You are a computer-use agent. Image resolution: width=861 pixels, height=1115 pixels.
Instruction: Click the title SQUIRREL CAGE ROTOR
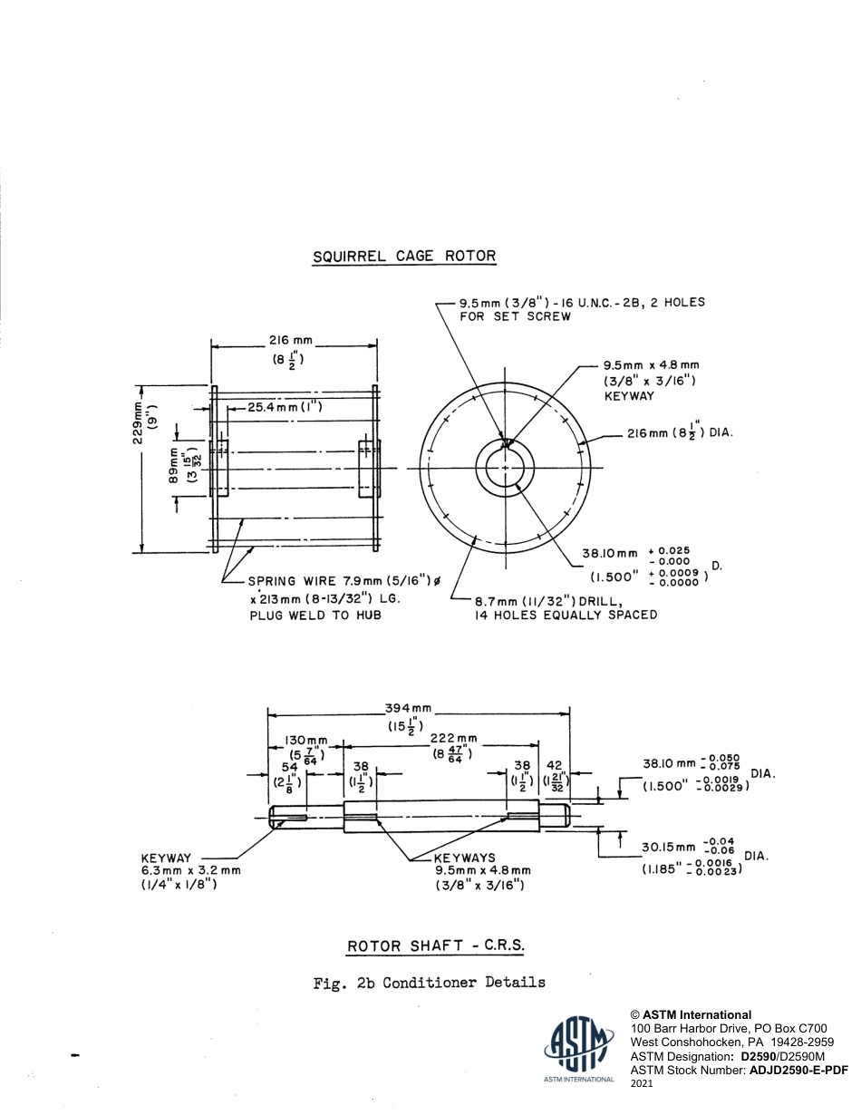(x=404, y=256)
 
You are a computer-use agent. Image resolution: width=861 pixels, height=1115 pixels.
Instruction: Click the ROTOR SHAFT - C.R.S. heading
(x=436, y=946)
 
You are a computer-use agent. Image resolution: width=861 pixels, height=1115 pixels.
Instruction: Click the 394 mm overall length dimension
(x=410, y=708)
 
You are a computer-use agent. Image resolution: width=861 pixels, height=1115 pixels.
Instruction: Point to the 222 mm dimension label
(x=453, y=738)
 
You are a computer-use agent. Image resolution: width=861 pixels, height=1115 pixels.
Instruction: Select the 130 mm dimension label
(x=305, y=742)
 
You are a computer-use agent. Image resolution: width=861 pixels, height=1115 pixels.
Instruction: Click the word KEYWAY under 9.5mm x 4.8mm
(x=629, y=396)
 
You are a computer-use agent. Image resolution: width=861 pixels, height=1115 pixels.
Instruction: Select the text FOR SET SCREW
(x=515, y=316)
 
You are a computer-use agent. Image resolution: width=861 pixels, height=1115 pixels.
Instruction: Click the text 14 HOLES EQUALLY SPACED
(x=566, y=615)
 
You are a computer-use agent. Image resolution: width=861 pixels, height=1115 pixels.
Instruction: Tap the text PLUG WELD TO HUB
(x=314, y=616)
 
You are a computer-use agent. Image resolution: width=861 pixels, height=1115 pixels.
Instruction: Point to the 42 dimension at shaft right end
(x=555, y=765)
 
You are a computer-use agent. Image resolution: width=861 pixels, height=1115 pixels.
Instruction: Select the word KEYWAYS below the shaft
(x=465, y=858)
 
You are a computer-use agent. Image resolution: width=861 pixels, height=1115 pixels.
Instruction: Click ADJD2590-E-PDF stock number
(x=798, y=1070)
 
